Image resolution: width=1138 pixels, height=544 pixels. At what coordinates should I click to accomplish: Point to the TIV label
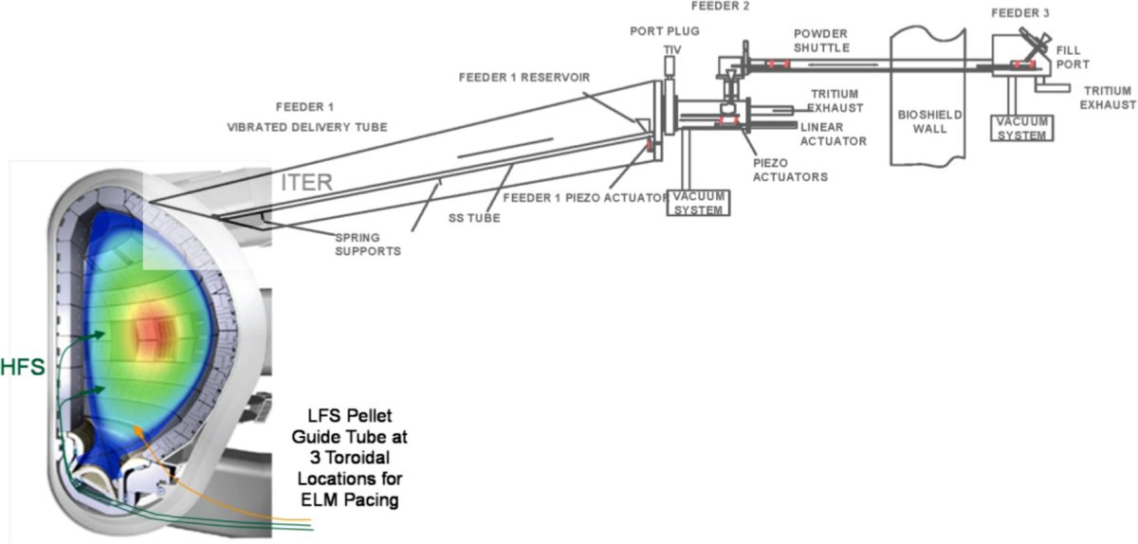pyautogui.click(x=672, y=47)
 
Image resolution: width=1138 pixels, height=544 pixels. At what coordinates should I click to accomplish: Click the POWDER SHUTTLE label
pyautogui.click(x=821, y=41)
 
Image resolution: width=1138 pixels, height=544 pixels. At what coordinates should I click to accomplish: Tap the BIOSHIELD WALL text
pyautogui.click(x=930, y=121)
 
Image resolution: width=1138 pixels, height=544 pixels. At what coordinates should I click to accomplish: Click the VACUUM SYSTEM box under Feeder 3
pyautogui.click(x=1020, y=128)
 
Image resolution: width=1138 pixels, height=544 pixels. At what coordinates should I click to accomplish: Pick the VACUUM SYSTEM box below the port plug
pyautogui.click(x=700, y=202)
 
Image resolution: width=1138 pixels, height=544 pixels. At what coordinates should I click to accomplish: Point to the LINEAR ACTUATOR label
pyautogui.click(x=833, y=134)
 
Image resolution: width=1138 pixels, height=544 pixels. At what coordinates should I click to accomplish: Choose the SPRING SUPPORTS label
pyautogui.click(x=367, y=245)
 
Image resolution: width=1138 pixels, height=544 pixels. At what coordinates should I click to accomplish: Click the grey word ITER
pyautogui.click(x=306, y=183)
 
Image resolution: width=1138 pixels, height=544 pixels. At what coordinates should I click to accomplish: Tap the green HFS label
pyautogui.click(x=23, y=368)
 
